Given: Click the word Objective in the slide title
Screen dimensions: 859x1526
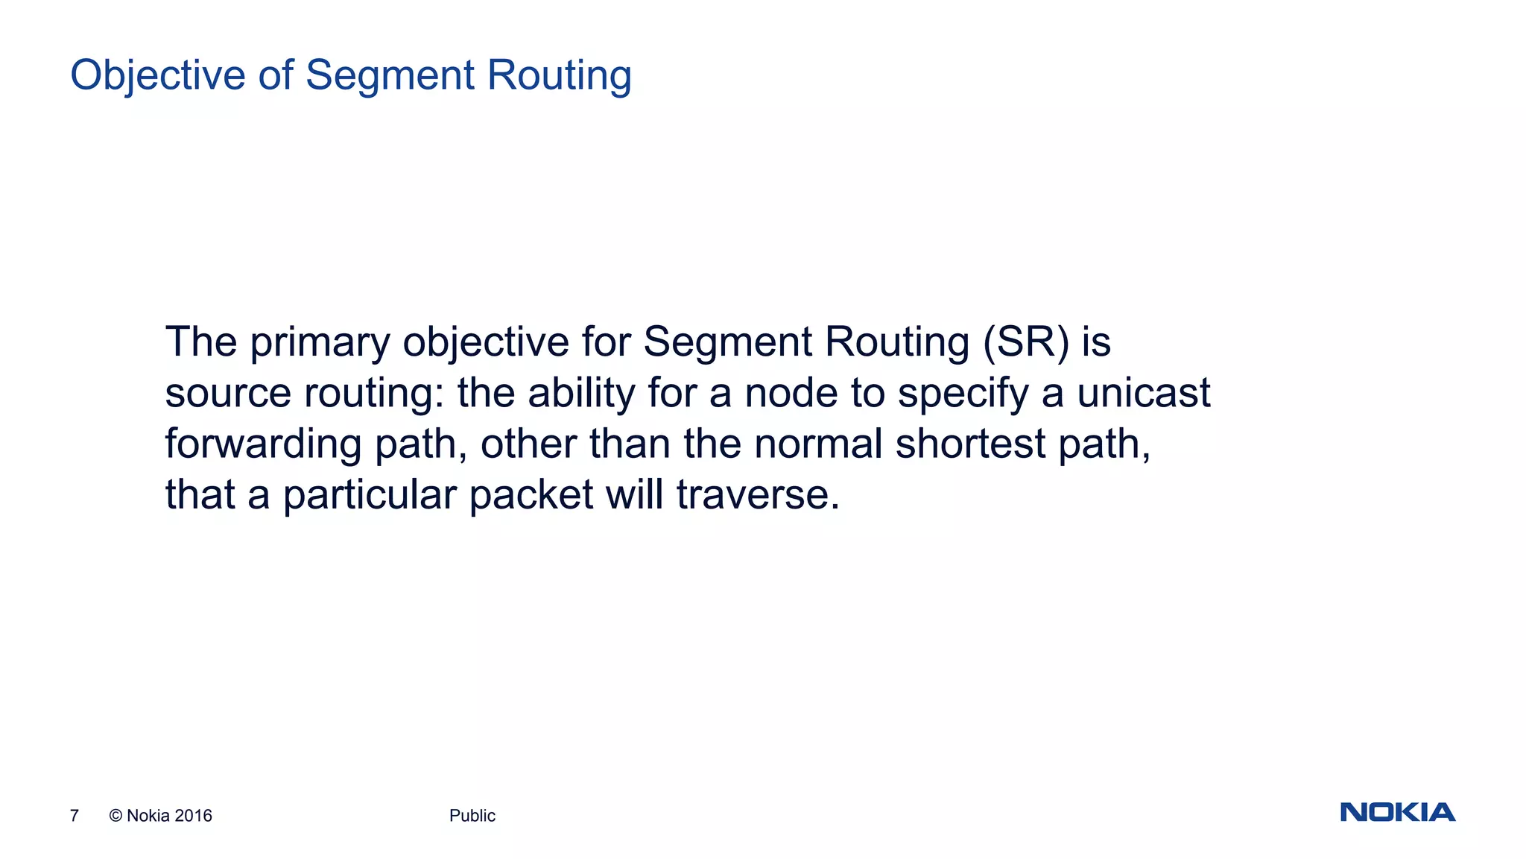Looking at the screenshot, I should pyautogui.click(x=158, y=76).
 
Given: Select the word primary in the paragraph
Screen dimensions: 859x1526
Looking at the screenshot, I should pyautogui.click(x=320, y=343).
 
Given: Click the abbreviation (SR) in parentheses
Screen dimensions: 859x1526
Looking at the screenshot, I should pyautogui.click(x=1026, y=343).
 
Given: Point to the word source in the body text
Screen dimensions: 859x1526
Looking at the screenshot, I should pyautogui.click(x=228, y=394).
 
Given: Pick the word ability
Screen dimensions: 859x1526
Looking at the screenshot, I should pyautogui.click(x=581, y=394).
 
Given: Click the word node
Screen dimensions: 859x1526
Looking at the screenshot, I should pyautogui.click(x=791, y=394).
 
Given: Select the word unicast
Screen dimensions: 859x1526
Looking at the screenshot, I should pyautogui.click(x=1144, y=394).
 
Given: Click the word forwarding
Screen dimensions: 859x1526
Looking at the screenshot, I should pyautogui.click(x=263, y=444).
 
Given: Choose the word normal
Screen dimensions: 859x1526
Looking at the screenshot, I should pyautogui.click(x=818, y=444).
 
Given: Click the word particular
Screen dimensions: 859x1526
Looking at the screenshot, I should pyautogui.click(x=369, y=495).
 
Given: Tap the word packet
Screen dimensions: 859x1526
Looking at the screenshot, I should pyautogui.click(x=531, y=495).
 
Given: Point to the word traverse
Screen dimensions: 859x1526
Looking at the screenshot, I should pyautogui.click(x=757, y=495).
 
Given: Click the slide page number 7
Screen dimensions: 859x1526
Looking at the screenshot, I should pyautogui.click(x=75, y=816).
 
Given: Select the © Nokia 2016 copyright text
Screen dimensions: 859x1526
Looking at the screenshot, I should pyautogui.click(x=161, y=816).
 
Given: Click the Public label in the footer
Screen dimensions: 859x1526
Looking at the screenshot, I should pyautogui.click(x=472, y=816).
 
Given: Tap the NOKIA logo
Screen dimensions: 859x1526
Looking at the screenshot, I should pyautogui.click(x=1397, y=812).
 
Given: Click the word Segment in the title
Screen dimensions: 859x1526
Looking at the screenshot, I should pyautogui.click(x=390, y=76).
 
